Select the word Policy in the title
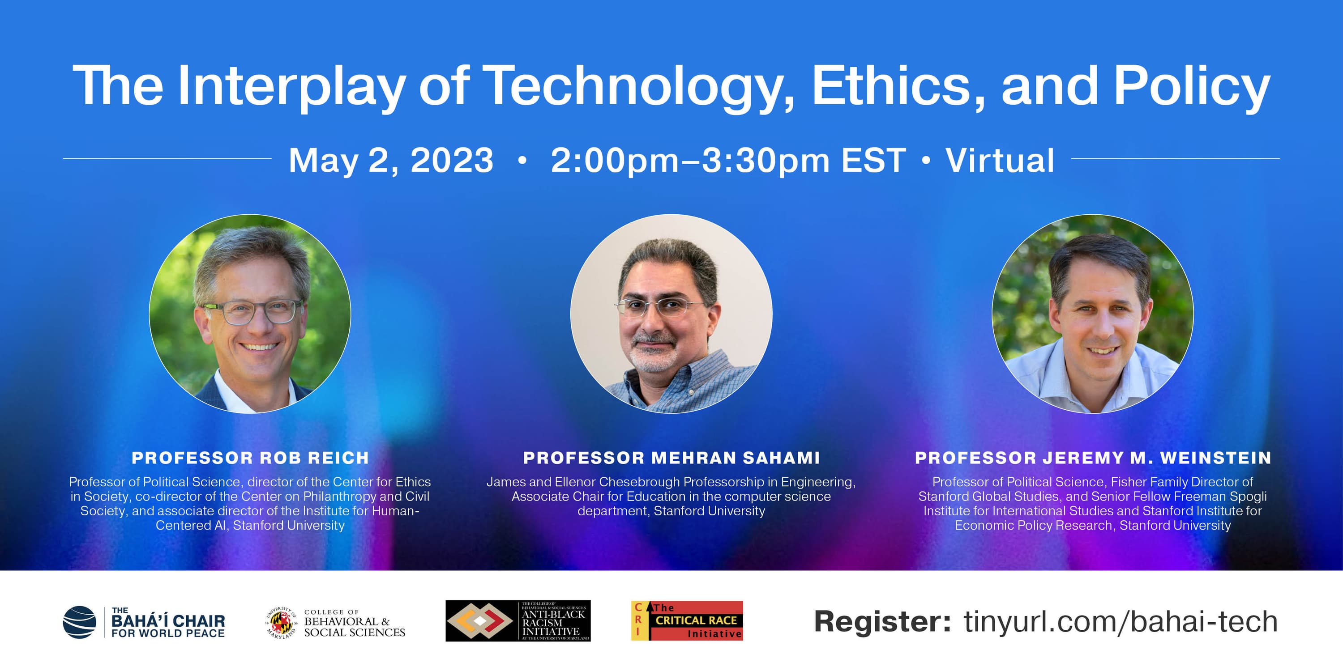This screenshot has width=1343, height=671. click(1192, 87)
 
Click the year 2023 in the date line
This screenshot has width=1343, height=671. click(452, 160)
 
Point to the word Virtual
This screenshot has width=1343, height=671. click(1000, 160)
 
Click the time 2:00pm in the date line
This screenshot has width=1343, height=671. click(615, 161)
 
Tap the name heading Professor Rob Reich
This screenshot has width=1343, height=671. click(250, 458)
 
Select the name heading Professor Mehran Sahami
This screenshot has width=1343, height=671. click(671, 458)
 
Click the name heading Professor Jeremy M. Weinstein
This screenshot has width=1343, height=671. click(1093, 458)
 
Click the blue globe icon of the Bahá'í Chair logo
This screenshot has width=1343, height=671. click(80, 622)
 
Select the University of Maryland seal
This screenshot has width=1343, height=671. click(282, 623)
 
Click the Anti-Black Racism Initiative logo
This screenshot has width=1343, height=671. click(518, 621)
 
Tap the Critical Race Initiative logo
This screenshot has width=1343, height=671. click(687, 621)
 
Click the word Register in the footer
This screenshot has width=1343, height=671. click(883, 623)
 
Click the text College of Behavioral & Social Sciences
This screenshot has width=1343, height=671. click(355, 623)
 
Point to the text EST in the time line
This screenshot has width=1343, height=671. click(873, 160)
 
